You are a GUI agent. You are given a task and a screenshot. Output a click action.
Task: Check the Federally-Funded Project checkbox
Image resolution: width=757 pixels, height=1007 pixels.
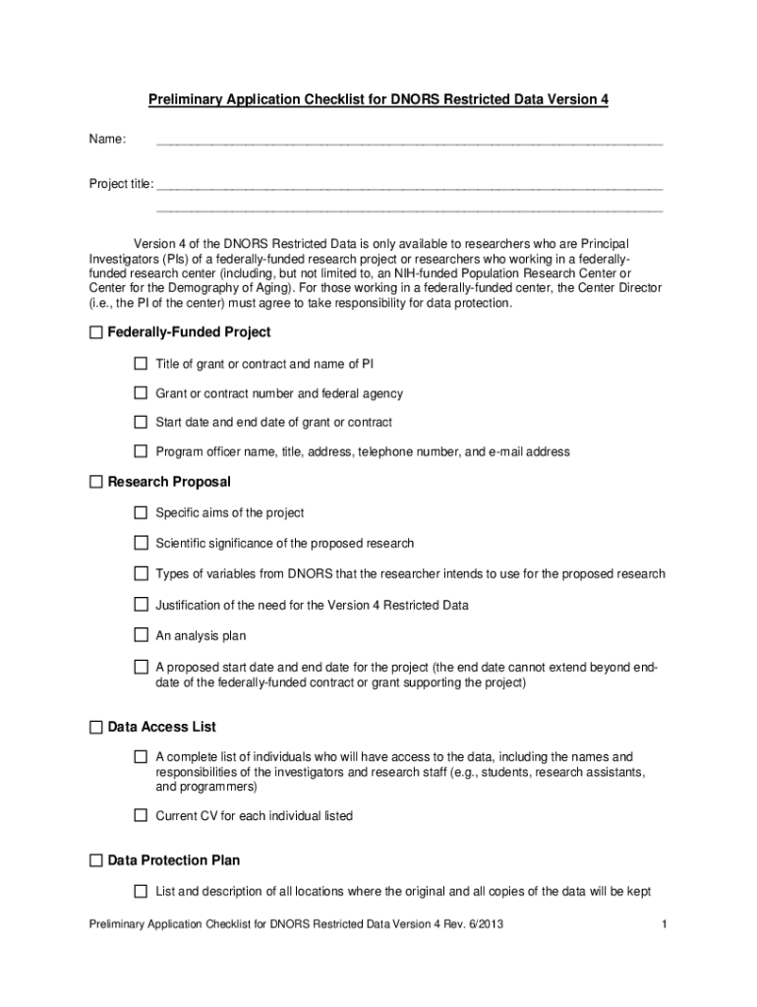point(95,333)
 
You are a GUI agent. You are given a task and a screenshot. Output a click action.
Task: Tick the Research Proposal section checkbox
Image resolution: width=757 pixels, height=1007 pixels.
point(95,483)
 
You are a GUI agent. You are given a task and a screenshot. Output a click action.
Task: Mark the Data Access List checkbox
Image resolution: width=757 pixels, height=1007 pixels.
point(95,728)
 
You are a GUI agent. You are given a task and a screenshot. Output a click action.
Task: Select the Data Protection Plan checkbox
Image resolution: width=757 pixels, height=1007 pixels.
point(95,861)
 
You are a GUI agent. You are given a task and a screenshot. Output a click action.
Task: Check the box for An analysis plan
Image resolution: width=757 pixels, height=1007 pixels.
point(141,636)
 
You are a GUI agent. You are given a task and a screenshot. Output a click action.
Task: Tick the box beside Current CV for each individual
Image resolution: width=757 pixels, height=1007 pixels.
point(141,816)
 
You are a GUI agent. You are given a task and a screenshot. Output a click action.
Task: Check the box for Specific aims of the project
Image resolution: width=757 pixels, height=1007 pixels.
point(141,513)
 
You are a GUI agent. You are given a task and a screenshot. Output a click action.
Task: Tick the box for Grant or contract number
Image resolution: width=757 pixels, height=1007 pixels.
point(141,393)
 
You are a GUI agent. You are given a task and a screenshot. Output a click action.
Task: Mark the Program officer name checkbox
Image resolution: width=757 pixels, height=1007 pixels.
point(141,452)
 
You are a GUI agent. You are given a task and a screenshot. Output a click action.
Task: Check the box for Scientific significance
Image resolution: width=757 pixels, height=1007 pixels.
point(141,544)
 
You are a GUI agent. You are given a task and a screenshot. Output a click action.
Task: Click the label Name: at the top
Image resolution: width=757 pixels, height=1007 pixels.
point(107,140)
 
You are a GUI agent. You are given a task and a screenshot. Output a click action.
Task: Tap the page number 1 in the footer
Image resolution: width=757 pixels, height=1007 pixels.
point(666,924)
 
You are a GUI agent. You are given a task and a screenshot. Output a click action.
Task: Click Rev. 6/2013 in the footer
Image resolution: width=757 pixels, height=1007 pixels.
point(479,924)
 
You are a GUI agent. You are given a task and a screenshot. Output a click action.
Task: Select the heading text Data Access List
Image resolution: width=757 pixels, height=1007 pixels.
point(161,728)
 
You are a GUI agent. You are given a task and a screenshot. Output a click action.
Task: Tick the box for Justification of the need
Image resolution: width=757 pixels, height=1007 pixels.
point(141,606)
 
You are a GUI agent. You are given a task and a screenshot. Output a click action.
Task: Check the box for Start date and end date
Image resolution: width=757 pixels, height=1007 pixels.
point(141,423)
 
